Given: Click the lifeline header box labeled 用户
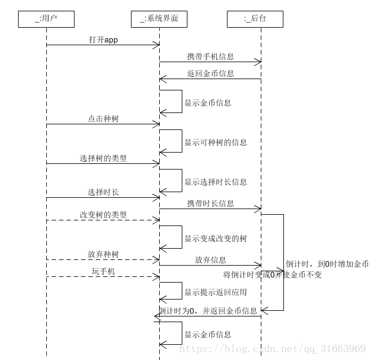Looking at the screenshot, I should (x=46, y=19).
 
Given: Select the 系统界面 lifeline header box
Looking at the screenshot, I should (x=159, y=19).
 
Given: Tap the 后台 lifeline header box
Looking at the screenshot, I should (x=255, y=19).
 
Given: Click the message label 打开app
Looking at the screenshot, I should (x=103, y=40).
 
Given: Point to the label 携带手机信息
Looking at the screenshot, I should (x=211, y=57).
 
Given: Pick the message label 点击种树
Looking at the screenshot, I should (x=103, y=119).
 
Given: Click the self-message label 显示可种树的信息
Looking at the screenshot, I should (x=216, y=142).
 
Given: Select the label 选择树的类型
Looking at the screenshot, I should (x=103, y=158).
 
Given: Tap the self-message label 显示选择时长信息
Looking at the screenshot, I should (x=216, y=182).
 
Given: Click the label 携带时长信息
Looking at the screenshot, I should (x=211, y=203).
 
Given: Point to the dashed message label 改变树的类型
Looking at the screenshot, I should (x=103, y=215).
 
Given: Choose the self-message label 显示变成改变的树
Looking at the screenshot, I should (x=216, y=238).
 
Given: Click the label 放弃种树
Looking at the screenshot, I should (x=103, y=254).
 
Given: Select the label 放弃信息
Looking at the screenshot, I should (x=211, y=260).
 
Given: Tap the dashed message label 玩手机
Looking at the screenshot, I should (x=103, y=271).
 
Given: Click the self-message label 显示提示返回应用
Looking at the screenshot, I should (x=216, y=293).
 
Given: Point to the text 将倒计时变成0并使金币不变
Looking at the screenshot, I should (x=272, y=275).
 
